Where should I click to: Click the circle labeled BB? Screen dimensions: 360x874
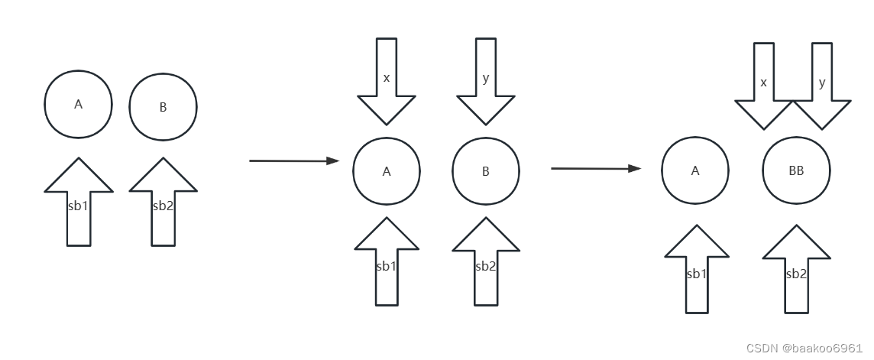(x=796, y=171)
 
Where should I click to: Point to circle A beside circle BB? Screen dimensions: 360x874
(x=695, y=171)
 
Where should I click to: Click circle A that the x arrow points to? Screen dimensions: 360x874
(x=387, y=171)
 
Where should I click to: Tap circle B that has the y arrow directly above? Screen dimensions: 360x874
(x=486, y=171)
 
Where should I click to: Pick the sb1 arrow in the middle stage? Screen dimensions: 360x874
(x=387, y=264)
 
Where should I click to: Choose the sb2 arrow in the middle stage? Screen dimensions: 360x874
(x=486, y=264)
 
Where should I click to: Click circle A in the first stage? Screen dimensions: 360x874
(x=78, y=104)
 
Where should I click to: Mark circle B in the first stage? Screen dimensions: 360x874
(x=163, y=107)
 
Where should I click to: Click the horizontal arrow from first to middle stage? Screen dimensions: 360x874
(x=294, y=161)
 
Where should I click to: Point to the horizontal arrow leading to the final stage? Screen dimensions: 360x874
(x=596, y=168)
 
